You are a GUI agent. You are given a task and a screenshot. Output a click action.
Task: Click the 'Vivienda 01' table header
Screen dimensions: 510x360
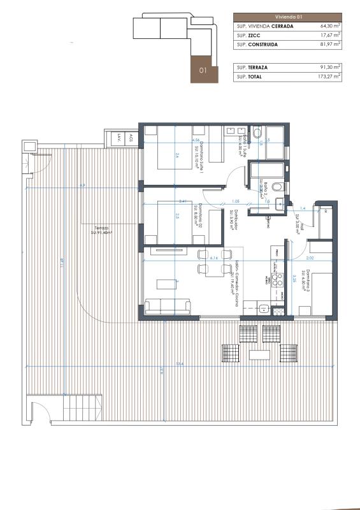(x=287, y=17)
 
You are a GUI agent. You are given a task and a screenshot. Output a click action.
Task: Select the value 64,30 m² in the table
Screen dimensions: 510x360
(x=330, y=27)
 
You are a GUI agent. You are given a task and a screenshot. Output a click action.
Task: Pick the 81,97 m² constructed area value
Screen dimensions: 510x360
(x=330, y=45)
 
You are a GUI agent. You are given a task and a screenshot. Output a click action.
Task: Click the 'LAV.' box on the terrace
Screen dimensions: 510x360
(x=120, y=138)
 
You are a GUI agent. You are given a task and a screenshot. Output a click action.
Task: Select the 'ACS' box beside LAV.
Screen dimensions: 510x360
(x=131, y=138)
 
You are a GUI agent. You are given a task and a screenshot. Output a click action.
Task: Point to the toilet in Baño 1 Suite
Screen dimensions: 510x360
(x=257, y=133)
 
